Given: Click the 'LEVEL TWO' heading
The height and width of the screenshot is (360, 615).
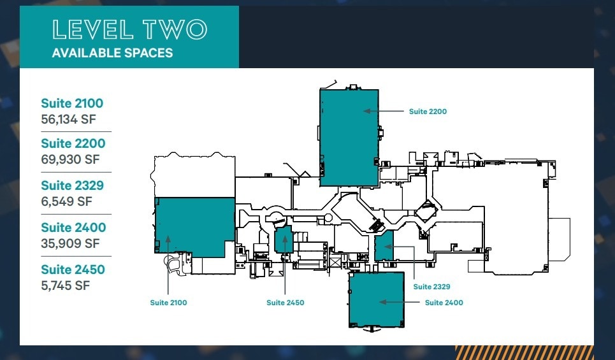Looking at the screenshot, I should point(129,30).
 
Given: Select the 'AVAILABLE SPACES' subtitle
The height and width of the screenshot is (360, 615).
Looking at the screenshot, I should point(112,53).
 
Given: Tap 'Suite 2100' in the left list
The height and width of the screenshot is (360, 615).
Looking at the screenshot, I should point(72,103).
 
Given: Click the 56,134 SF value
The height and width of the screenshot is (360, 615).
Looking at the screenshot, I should point(67,119).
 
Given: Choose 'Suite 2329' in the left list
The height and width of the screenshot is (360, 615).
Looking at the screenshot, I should point(73,185).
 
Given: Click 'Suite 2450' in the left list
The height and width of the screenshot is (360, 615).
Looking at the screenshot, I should point(73,270).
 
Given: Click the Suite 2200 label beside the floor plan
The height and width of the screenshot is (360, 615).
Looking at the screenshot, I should point(428,112).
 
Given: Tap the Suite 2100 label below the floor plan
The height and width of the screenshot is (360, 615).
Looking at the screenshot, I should point(168,303).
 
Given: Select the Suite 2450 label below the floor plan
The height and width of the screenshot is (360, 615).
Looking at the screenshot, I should point(285,303).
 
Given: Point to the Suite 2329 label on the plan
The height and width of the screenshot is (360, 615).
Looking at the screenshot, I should point(431,287).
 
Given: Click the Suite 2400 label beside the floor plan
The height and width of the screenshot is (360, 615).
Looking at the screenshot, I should point(444,303).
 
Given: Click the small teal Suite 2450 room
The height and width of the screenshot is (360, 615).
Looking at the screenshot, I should point(283,240).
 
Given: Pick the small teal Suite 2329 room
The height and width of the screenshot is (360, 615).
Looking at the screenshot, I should point(384,246).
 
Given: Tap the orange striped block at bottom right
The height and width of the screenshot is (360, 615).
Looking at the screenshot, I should point(524,352).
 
